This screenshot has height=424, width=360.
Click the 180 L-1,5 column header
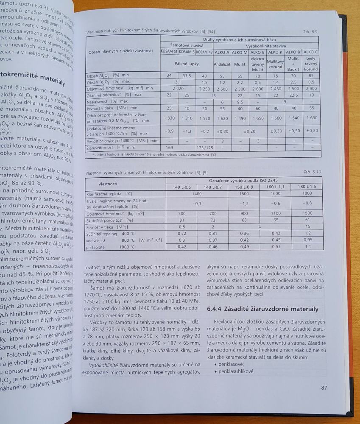[307, 187]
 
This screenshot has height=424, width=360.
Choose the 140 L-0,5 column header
[181, 187]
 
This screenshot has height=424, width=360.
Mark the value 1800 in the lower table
[307, 193]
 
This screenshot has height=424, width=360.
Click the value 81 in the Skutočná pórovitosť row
[181, 220]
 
